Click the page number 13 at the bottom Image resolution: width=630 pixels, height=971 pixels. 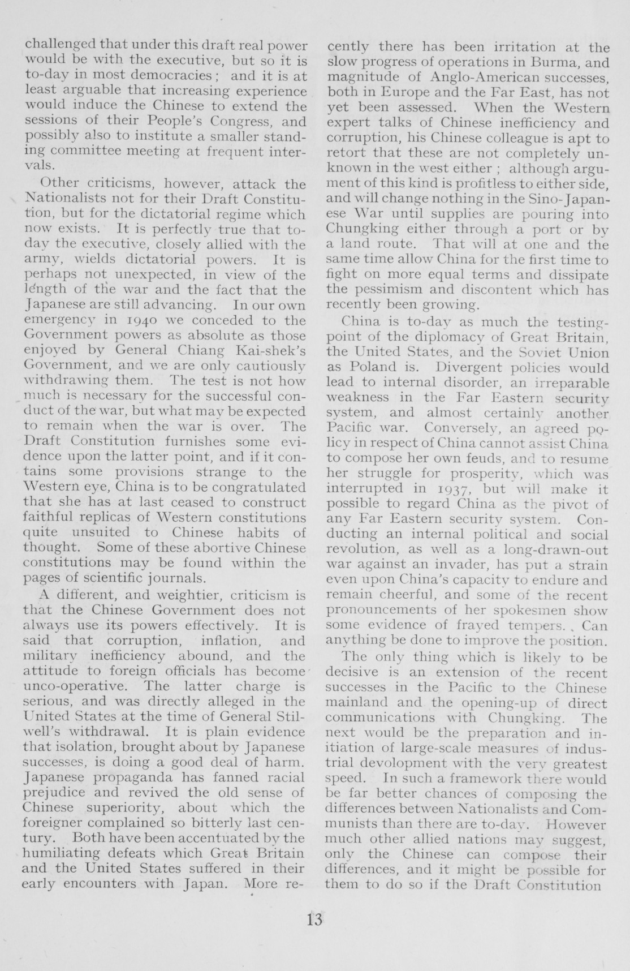point(314,919)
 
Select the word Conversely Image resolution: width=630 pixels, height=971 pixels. point(459,428)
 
